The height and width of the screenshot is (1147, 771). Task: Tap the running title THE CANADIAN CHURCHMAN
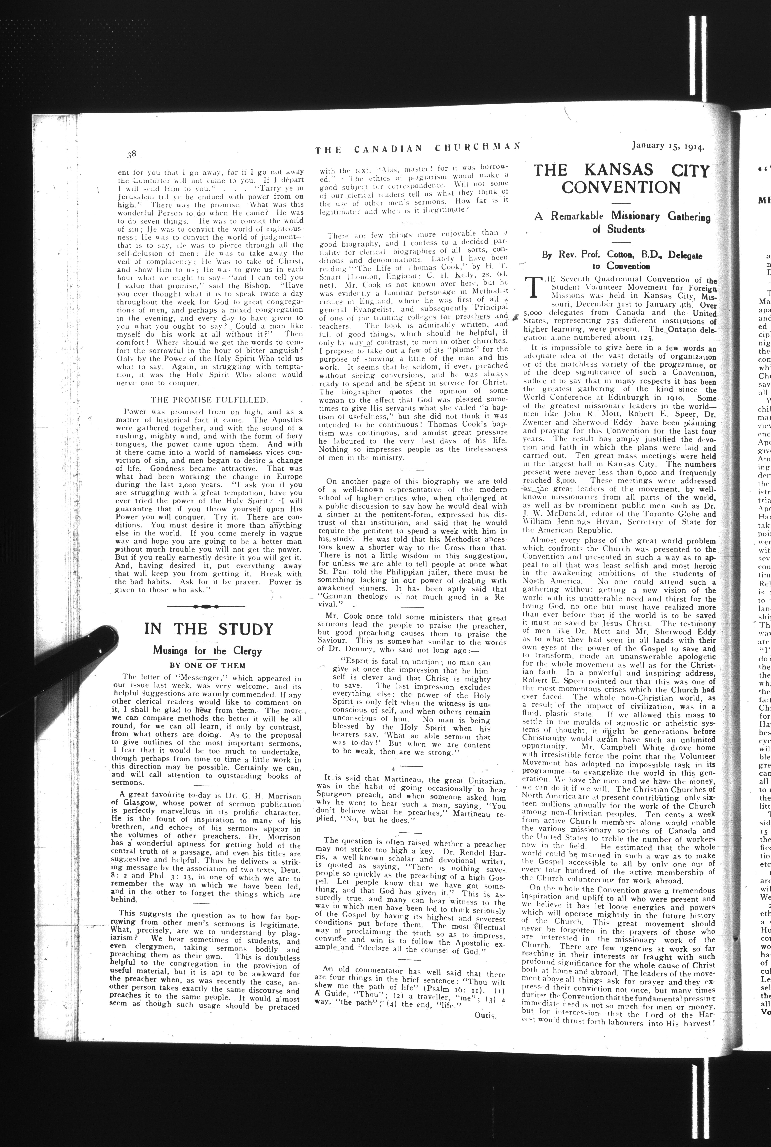point(418,148)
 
